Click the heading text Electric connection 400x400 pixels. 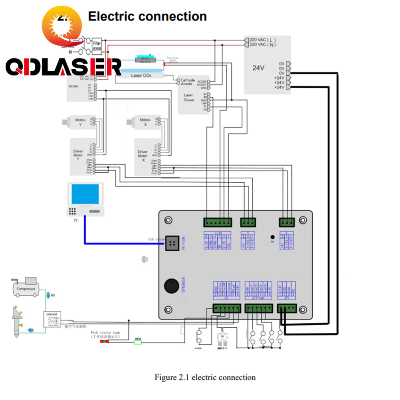coord(147,16)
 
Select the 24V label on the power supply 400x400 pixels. coord(258,68)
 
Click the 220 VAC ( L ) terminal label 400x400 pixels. coord(263,40)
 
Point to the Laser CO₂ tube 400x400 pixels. coord(141,75)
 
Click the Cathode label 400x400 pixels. coord(188,80)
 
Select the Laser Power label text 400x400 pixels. coord(189,98)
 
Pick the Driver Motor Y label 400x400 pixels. coord(78,156)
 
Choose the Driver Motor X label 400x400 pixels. coord(143,156)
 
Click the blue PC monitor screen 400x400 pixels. coord(85,195)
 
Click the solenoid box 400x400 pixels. coord(52,319)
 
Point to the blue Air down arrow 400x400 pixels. coord(48,296)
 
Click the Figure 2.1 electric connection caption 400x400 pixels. coord(205,377)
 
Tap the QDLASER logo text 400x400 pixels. coord(63,67)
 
